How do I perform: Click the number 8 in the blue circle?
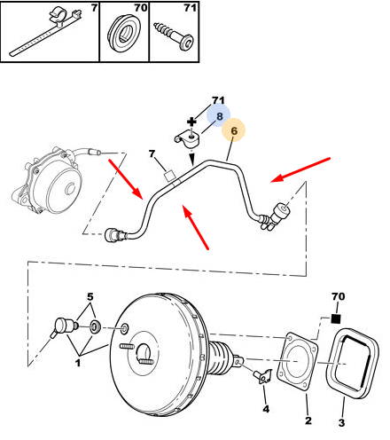[219, 116]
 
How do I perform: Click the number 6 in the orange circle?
[234, 130]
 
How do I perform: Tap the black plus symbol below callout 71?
[191, 122]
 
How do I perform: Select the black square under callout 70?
[336, 318]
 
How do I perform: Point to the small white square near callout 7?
[169, 177]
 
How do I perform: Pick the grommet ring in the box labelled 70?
[123, 34]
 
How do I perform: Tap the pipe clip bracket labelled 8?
[186, 138]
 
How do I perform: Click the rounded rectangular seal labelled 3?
[352, 363]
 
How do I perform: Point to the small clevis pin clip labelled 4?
[263, 376]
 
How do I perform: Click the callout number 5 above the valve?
[90, 296]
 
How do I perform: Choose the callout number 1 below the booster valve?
[78, 363]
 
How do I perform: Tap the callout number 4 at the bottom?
[266, 409]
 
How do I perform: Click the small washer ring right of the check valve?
[95, 326]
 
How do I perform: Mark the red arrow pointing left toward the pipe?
[300, 170]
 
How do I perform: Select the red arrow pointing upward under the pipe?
[196, 227]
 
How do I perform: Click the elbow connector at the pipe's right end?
[274, 216]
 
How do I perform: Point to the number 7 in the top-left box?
[94, 8]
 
